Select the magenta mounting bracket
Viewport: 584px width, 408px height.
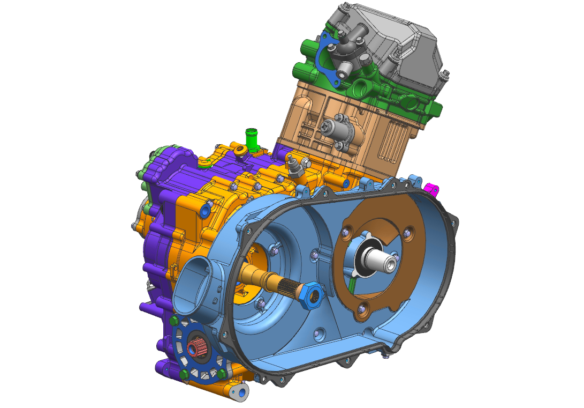pyautogui.click(x=431, y=189)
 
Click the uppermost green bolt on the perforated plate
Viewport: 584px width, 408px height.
pyautogui.click(x=174, y=321)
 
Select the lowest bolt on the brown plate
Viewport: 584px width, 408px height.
pyautogui.click(x=364, y=308)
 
